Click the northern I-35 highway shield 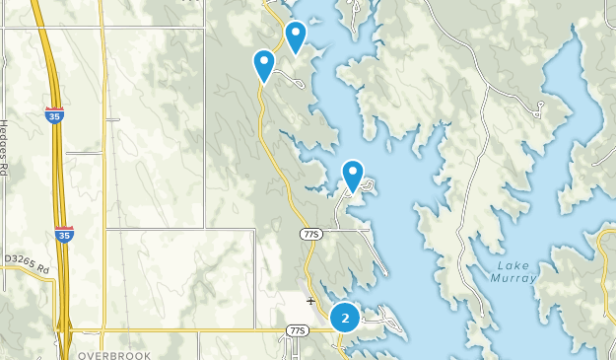tap(54, 115)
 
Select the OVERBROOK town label tap(112, 352)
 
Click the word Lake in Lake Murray tap(515, 265)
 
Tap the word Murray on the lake tap(516, 278)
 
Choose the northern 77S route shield tap(310, 232)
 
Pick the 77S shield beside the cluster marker tap(298, 329)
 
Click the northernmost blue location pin tap(295, 36)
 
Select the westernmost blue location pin tap(264, 64)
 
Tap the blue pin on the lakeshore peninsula tap(352, 176)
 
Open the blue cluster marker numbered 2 tap(344, 318)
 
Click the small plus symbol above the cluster tap(310, 301)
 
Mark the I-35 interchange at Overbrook tap(67, 329)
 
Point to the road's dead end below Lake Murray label tap(486, 326)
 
